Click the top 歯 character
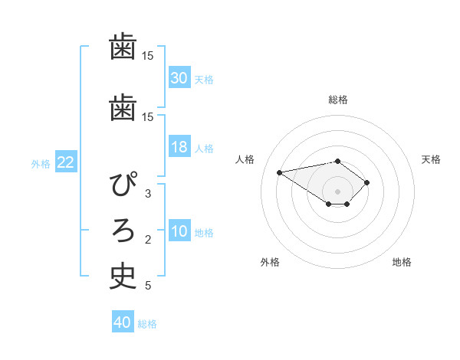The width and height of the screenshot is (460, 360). (x=123, y=47)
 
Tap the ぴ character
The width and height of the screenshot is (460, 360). (x=123, y=185)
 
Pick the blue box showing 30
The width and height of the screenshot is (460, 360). (x=179, y=78)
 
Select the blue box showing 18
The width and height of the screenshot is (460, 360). (x=179, y=148)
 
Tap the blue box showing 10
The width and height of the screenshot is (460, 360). (x=179, y=232)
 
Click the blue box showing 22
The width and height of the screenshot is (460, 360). (x=66, y=162)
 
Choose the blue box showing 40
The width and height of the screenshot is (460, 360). (x=123, y=322)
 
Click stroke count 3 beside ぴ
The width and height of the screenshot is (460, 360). (x=148, y=194)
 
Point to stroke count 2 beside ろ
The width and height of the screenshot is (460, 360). (x=148, y=240)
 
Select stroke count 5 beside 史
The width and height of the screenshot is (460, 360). (x=148, y=286)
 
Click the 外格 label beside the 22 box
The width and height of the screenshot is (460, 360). (x=41, y=163)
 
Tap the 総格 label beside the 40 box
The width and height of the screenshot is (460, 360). (x=147, y=323)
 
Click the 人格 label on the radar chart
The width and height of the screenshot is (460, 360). (x=245, y=159)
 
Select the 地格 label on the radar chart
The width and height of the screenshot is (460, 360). (x=402, y=263)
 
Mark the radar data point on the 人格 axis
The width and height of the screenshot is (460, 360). (x=280, y=172)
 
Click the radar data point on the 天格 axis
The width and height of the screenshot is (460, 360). (x=367, y=182)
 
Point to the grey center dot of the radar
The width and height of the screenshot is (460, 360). (x=337, y=191)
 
